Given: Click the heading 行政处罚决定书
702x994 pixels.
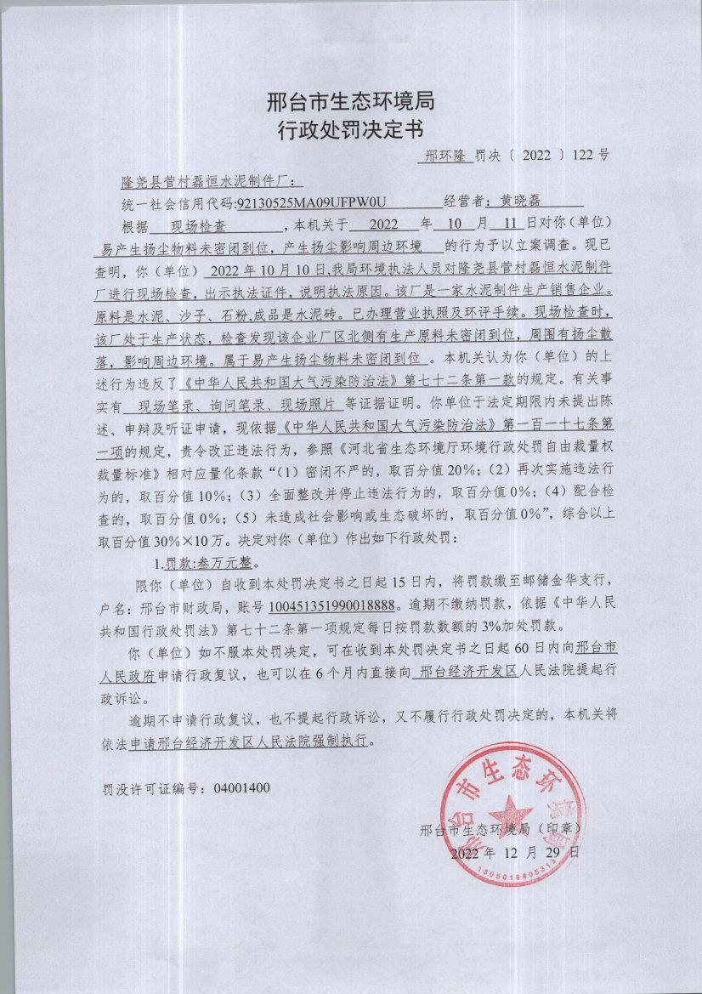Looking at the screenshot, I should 350,130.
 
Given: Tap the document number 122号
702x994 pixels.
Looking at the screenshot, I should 591,156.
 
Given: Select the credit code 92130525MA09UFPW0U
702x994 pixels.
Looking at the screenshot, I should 312,202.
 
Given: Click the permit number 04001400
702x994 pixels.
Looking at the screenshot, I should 241,787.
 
